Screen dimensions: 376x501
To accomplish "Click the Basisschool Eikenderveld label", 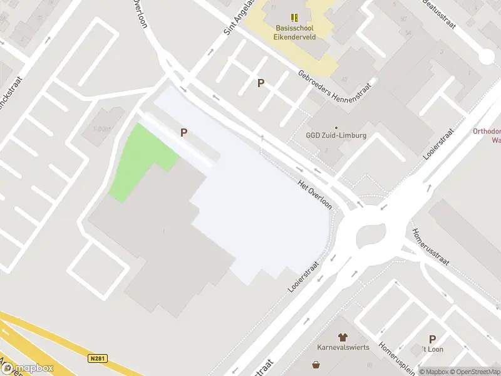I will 295,32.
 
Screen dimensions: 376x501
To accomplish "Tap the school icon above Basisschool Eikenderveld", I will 295,18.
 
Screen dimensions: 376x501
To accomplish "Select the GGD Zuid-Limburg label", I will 336,135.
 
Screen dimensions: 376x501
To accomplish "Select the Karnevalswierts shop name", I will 343,347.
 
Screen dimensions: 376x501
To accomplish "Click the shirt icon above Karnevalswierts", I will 343,337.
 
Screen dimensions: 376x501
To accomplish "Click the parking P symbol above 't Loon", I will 432,339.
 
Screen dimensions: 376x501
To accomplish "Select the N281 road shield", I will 96,358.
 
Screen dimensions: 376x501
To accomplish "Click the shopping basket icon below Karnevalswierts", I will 316,365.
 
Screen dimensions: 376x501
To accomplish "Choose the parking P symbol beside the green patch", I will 184,132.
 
